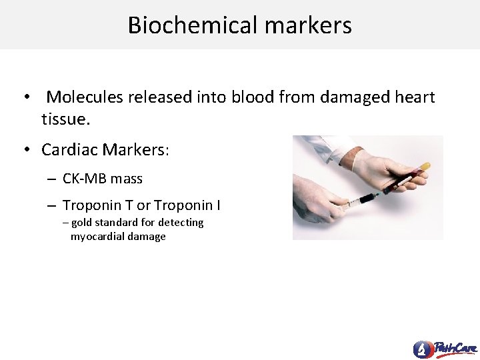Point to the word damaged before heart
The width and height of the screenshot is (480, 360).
point(355,97)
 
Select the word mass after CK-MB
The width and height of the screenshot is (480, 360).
point(127,179)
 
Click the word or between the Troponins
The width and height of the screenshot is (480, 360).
point(143,205)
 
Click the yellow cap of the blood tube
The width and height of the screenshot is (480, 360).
point(425,166)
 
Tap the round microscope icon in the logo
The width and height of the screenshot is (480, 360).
point(422,349)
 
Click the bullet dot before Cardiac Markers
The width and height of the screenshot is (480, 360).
point(27,150)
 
